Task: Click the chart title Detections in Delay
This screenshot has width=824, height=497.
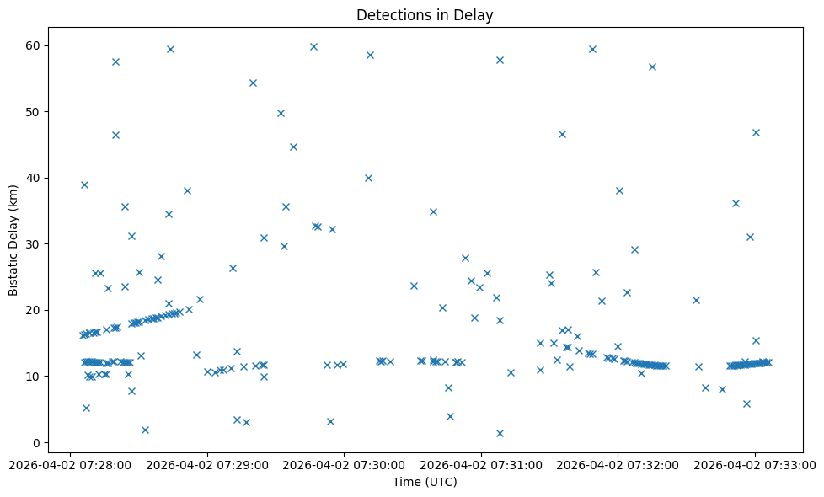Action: coord(425,15)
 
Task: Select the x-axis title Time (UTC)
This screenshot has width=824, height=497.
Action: coord(425,482)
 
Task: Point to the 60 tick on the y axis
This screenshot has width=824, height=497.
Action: coord(36,45)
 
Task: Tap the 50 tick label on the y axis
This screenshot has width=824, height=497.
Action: coord(36,112)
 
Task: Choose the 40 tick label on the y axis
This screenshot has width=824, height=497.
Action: coord(36,178)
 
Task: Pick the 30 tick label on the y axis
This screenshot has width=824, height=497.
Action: coord(36,244)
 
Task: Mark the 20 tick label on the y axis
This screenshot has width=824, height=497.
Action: coord(36,310)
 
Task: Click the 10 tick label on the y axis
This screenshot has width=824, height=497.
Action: coord(36,377)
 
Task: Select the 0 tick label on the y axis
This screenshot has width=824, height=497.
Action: coord(39,442)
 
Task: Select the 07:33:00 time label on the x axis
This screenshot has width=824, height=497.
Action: coord(755,463)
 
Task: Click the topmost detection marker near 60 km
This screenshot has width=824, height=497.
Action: coord(313,46)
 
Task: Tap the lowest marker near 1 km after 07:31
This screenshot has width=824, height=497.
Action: coord(500,433)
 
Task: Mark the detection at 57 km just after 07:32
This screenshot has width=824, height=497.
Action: coord(652,67)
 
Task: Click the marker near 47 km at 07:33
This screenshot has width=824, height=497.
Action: coord(756,132)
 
